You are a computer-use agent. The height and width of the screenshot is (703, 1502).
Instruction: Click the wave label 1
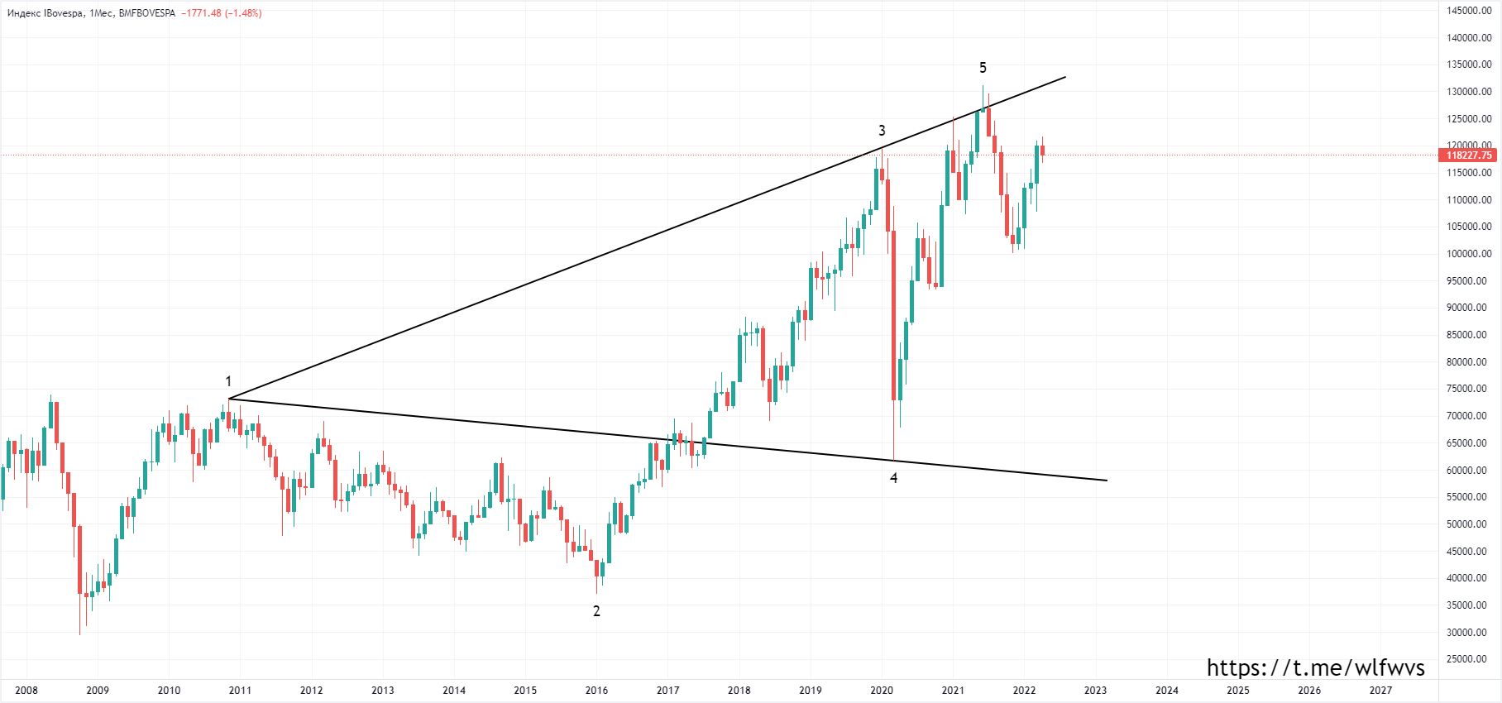228,381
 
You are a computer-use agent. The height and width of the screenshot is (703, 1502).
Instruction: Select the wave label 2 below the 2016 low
596,611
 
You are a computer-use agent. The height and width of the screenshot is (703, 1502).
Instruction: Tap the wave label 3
882,131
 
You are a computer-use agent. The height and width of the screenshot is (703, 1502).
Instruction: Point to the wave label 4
893,478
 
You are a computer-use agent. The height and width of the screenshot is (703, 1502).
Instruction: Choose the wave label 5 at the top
983,68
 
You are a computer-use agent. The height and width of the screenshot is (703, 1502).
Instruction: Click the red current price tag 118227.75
1469,155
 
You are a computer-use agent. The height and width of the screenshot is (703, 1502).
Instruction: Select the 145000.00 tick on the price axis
1469,11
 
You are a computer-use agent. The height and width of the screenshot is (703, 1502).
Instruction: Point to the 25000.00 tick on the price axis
1469,659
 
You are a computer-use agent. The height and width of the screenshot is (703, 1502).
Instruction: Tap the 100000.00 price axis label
1469,254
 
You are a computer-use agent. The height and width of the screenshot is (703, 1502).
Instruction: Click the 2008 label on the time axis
26,691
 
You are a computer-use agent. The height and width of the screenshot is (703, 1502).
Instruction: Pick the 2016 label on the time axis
596,691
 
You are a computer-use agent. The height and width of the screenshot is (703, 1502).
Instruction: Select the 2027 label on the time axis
1380,691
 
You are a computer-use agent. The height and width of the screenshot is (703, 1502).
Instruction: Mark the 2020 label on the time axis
882,691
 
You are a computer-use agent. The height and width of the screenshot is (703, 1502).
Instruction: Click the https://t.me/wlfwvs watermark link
1315,668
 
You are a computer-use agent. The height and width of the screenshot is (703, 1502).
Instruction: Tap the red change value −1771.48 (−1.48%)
222,13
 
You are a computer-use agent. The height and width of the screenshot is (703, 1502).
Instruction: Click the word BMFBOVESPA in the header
147,13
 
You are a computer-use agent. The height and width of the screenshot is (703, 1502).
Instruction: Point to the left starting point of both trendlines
229,399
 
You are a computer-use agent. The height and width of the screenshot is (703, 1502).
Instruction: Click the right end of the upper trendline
1065,77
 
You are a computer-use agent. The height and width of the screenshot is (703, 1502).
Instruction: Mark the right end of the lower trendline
1107,481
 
